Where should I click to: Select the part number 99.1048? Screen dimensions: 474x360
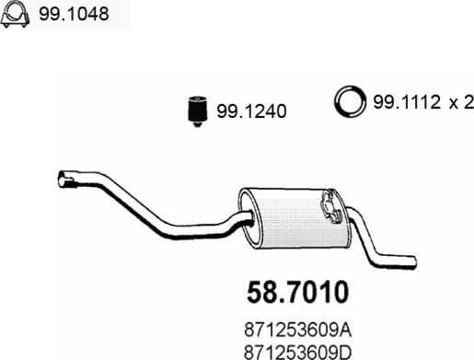[x=74, y=14]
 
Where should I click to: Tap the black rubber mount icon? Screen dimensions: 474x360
[x=198, y=111]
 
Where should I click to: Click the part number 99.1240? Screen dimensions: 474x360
[x=251, y=111]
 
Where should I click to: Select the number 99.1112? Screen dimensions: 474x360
[x=407, y=102]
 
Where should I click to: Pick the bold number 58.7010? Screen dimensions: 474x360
[x=297, y=292]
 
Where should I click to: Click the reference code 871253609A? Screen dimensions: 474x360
[x=297, y=331]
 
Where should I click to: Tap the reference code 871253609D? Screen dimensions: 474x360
[x=297, y=353]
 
